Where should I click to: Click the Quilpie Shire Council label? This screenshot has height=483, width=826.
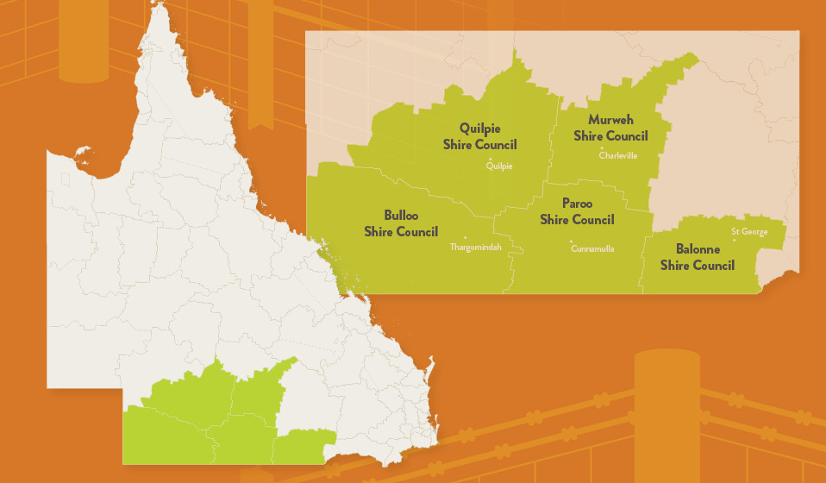click(480, 136)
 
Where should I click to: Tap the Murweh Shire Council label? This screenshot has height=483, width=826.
click(610, 128)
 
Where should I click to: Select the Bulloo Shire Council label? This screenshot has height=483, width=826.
click(401, 223)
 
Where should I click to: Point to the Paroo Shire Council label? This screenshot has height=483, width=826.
click(577, 211)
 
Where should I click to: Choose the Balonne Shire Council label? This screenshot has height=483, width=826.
click(698, 257)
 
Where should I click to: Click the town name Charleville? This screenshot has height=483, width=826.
click(618, 156)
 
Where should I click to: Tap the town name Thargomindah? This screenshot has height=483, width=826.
click(476, 248)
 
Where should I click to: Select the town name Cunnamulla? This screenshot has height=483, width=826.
click(592, 249)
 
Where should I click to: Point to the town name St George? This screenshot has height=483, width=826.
click(749, 231)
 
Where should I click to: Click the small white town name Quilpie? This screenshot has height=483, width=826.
click(500, 167)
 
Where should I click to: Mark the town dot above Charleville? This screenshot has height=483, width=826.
click(602, 148)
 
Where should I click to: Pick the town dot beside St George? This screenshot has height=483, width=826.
click(735, 240)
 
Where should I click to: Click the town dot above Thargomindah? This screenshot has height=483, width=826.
click(466, 238)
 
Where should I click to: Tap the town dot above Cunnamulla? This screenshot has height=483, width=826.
click(571, 241)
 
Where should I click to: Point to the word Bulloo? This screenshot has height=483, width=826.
click(401, 216)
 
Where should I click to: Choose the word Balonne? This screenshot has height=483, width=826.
click(698, 249)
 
